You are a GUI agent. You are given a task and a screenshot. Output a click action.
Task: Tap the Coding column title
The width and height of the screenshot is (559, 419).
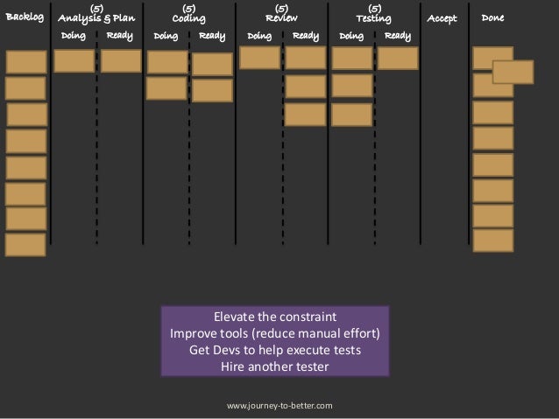(x=188, y=18)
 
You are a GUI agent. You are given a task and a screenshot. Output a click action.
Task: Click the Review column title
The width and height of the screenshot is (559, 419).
(x=281, y=18)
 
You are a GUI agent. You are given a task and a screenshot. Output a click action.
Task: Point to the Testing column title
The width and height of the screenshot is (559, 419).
(x=374, y=18)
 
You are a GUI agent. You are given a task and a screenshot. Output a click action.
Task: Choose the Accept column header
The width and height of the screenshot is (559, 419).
(x=442, y=18)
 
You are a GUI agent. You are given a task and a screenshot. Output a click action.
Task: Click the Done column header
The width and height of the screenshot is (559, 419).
(x=493, y=17)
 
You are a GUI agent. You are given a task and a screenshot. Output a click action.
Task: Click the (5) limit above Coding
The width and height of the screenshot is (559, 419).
(x=188, y=7)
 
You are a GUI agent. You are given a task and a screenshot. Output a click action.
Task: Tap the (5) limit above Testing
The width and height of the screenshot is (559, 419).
(x=374, y=7)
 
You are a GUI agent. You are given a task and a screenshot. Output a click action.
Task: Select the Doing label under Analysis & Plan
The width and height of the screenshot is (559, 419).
(x=73, y=36)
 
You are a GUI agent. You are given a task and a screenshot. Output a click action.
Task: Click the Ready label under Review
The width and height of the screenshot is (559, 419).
(x=306, y=36)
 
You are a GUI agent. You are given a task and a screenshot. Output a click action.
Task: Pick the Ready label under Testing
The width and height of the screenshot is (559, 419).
(x=398, y=36)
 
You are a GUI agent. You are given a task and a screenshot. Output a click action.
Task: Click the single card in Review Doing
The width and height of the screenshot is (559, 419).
(x=259, y=58)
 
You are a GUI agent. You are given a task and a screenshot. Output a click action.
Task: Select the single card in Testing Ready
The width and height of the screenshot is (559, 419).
(x=398, y=59)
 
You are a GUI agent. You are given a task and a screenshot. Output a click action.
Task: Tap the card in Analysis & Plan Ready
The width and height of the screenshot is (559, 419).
(x=121, y=60)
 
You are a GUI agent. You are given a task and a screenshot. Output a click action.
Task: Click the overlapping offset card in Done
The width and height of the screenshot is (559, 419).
(x=513, y=72)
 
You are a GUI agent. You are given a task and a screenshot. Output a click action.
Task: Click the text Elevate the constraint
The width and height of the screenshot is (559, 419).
(x=275, y=317)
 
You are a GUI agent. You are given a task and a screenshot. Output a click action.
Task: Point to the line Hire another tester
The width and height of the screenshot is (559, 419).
(x=275, y=367)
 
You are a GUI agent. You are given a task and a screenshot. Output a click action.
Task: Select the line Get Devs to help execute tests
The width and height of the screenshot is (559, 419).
(x=275, y=350)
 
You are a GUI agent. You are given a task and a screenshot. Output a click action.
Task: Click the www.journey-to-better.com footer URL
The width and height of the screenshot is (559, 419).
(x=279, y=406)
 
